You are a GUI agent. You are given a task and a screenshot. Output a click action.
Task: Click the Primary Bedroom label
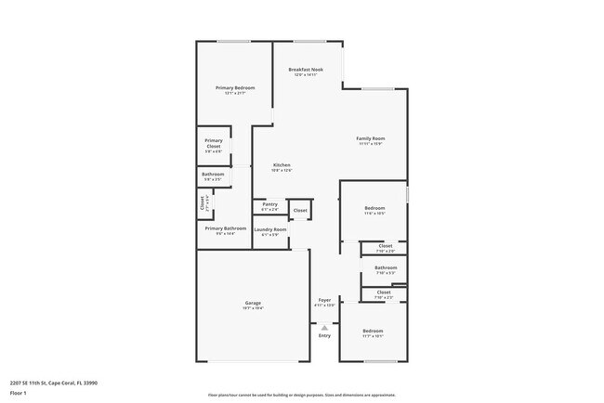pos(235,87)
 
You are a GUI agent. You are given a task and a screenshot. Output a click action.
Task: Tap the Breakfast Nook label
pos(305,70)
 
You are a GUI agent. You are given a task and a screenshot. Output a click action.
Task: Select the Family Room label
pos(370,138)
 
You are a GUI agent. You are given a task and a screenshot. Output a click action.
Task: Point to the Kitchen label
pos(282,165)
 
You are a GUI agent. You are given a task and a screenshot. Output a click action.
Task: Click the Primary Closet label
pos(214,143)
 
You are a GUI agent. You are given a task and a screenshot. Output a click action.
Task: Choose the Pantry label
pos(270,204)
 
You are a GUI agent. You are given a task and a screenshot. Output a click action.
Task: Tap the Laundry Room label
pos(270,229)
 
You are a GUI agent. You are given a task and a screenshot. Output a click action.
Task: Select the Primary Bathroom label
pos(226,228)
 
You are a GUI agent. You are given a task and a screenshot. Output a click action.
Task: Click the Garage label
pos(252,303)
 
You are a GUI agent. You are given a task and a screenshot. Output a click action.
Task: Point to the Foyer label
pos(324,300)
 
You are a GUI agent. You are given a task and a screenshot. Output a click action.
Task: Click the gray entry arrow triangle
pos(324,327)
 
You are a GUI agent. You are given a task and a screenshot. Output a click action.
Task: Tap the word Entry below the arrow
pos(324,335)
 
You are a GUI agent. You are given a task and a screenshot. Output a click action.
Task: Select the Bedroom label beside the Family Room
pos(374,208)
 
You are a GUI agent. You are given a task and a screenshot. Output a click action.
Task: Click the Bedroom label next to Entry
pos(373,331)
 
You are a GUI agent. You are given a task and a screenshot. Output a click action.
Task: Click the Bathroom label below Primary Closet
pos(213,174)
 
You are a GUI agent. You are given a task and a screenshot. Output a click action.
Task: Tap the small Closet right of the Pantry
pos(300,211)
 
